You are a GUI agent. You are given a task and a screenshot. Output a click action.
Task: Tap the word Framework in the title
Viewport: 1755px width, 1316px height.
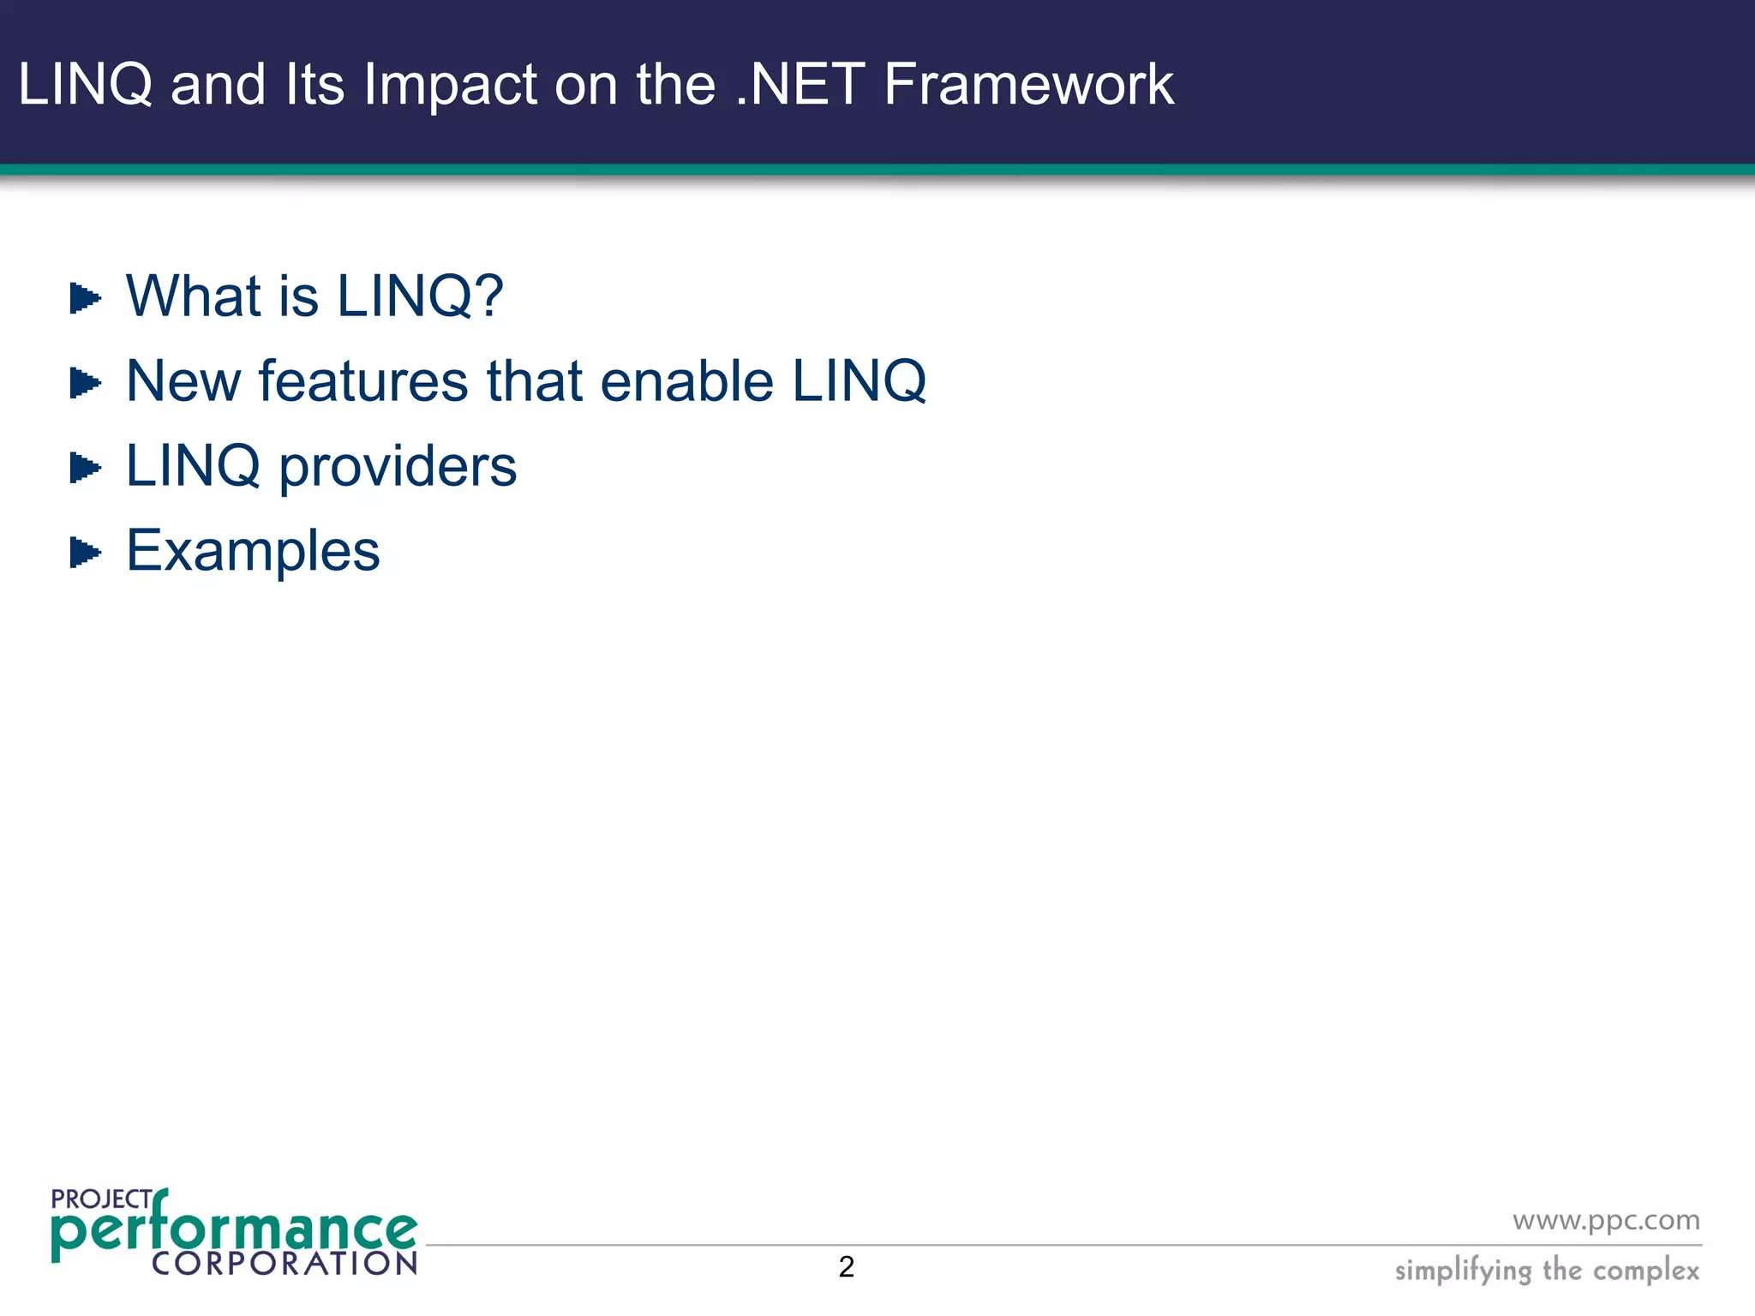[1027, 85]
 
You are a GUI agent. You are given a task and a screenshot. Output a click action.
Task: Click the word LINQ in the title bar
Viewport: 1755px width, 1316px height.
[85, 85]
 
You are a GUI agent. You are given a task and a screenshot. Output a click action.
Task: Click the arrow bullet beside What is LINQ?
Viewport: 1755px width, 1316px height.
[85, 298]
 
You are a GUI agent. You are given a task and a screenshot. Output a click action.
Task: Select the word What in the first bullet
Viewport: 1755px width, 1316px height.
[192, 296]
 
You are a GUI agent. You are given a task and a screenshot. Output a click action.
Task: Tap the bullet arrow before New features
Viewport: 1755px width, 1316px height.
[85, 383]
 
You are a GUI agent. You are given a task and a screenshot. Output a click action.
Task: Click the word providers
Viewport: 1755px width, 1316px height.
[398, 467]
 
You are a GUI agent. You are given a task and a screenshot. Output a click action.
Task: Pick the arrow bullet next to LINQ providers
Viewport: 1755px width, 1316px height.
[85, 468]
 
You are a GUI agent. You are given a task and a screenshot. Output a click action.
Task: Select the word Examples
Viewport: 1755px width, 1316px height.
[253, 551]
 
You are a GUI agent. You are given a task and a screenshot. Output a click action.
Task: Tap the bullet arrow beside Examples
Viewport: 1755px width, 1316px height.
[85, 553]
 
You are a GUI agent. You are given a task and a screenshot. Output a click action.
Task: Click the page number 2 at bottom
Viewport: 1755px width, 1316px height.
[846, 1266]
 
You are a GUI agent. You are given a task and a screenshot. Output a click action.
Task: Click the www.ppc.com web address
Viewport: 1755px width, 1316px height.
[1605, 1220]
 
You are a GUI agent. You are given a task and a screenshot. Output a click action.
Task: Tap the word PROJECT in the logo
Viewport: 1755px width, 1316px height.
[101, 1199]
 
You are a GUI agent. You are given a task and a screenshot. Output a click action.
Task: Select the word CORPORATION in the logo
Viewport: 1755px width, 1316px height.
[284, 1263]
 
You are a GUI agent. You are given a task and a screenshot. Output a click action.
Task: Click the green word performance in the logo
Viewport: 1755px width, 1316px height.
[233, 1231]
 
